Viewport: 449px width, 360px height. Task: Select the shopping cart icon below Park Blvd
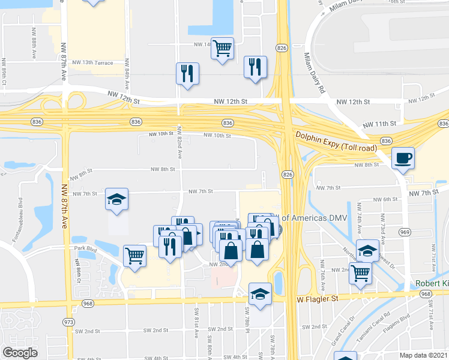coord(135,255)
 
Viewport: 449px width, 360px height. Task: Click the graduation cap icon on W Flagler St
coord(260,294)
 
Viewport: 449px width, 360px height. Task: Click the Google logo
coord(20,353)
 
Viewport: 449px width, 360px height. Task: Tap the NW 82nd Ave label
coord(179,145)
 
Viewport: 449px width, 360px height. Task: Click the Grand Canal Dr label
coord(343,331)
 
